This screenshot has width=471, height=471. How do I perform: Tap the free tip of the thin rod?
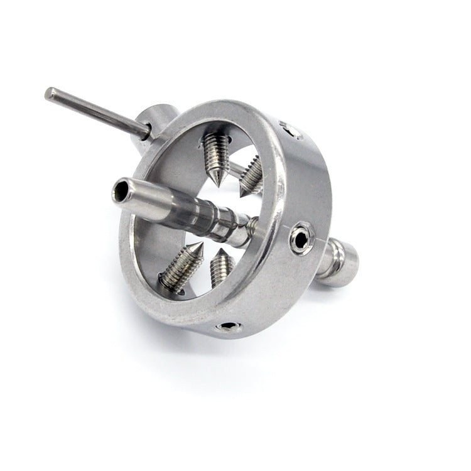click(50, 93)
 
